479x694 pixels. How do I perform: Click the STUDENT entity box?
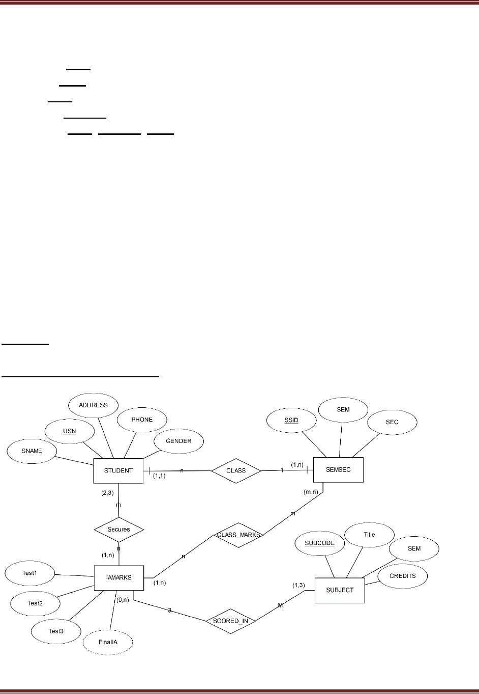click(118, 470)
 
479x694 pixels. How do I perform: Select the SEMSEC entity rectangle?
click(338, 469)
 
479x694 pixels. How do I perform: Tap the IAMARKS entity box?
click(119, 577)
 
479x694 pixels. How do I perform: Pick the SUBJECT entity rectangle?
click(340, 590)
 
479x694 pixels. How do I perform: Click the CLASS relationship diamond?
click(236, 470)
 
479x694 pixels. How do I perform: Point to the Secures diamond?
click(119, 530)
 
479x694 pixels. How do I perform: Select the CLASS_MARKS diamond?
click(238, 535)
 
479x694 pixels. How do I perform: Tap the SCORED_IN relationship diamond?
click(231, 621)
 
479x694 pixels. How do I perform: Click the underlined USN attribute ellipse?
click(69, 432)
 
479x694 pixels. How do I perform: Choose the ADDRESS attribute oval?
click(93, 405)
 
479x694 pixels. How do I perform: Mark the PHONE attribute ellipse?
click(142, 420)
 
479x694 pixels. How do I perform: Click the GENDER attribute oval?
click(178, 441)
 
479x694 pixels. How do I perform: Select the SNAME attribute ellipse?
click(32, 451)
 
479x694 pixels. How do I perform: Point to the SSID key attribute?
click(291, 421)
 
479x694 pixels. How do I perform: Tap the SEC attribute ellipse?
click(392, 422)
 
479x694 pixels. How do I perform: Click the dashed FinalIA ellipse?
click(107, 643)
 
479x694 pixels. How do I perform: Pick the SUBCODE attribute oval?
click(319, 543)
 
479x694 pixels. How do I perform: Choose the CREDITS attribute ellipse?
click(402, 576)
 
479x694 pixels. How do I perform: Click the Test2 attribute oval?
click(35, 603)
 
